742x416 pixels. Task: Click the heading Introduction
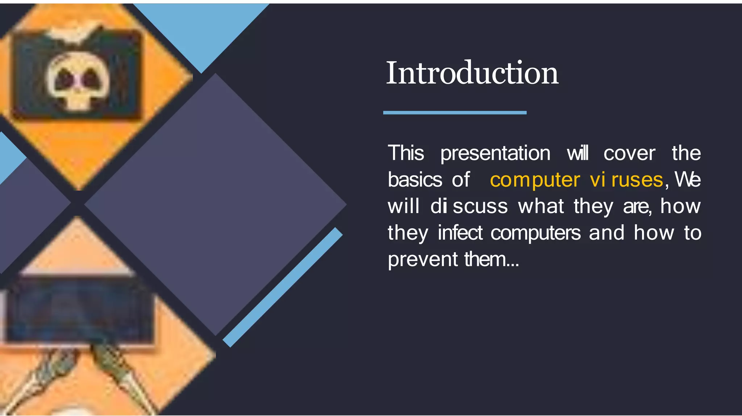tap(472, 73)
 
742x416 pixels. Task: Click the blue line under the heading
tap(455, 113)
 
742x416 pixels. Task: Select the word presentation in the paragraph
tap(495, 153)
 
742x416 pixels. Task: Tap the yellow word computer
tap(535, 180)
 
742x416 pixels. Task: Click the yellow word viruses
tap(626, 180)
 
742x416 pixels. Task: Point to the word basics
tap(415, 180)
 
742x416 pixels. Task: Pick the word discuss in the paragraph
tap(469, 206)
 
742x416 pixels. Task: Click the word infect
tap(460, 233)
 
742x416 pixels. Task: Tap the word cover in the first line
tap(629, 153)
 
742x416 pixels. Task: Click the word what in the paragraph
tap(541, 206)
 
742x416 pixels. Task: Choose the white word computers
tap(535, 233)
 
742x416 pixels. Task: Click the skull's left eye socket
tap(65, 78)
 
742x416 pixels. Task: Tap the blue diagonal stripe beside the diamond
tap(283, 287)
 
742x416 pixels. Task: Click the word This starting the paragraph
tap(406, 153)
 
